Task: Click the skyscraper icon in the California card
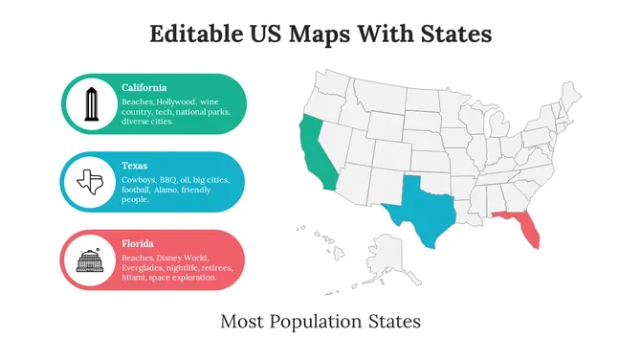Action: [92, 105]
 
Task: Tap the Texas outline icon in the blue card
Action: [92, 181]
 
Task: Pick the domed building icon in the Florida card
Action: [92, 259]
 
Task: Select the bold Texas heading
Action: [135, 165]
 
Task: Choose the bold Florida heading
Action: [138, 243]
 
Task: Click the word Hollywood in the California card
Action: [179, 101]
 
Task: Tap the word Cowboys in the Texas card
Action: [139, 178]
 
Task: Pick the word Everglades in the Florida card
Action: [144, 268]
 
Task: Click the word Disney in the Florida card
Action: [168, 258]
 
